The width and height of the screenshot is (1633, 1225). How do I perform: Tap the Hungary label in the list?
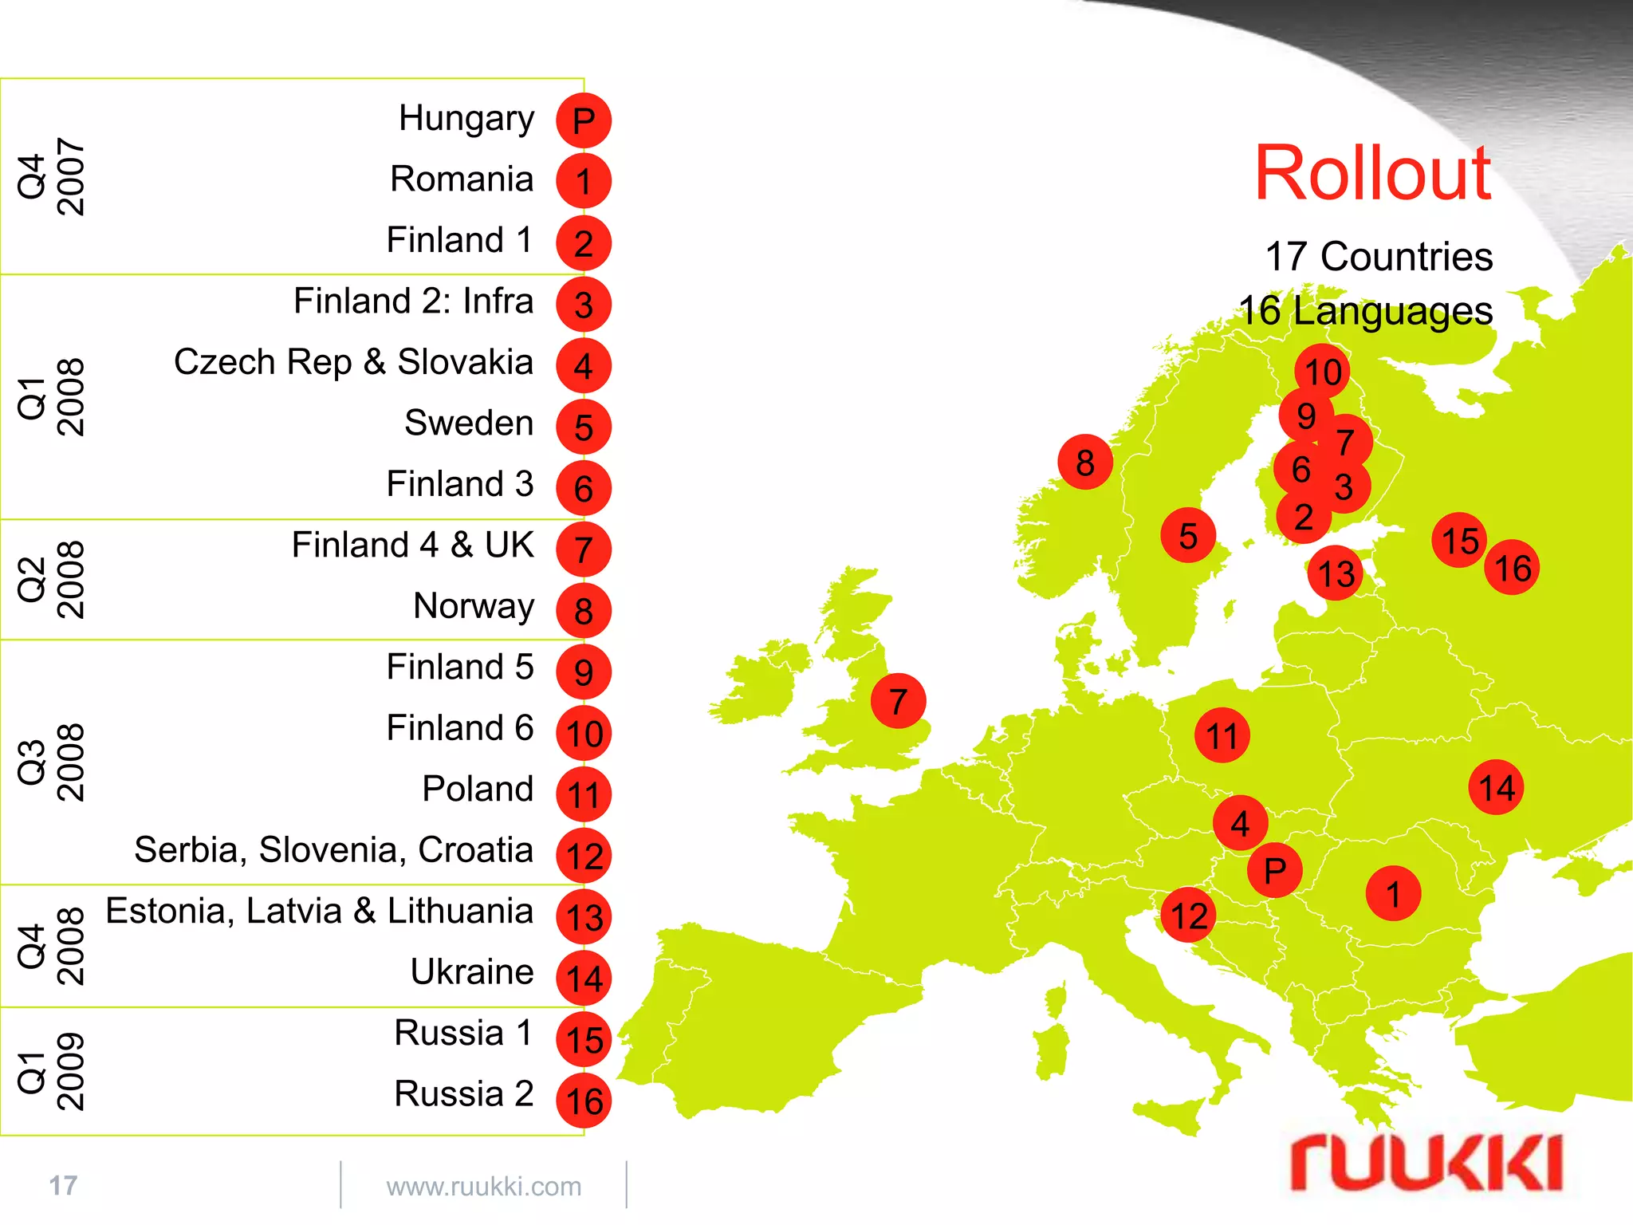[x=466, y=119]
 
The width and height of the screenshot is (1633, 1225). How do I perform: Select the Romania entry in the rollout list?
[x=462, y=179]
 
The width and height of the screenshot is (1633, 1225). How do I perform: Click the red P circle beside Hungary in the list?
[x=584, y=121]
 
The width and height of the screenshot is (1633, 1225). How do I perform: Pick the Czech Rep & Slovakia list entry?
[x=353, y=362]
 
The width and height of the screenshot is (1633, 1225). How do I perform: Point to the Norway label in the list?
[x=474, y=606]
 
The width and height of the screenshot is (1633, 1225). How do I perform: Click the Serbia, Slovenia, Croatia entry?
[x=333, y=850]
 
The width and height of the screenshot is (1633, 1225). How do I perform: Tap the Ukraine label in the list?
[x=472, y=972]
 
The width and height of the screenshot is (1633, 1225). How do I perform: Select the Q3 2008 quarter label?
[x=51, y=762]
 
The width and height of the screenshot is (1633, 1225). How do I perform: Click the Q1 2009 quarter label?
[x=51, y=1071]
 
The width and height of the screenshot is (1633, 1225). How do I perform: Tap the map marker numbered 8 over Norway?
[x=1085, y=463]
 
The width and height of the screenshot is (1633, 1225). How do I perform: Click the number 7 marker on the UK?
[x=899, y=701]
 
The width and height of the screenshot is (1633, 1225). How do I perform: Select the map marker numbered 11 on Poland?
[x=1222, y=735]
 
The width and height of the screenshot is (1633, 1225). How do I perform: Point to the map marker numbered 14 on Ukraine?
[x=1496, y=788]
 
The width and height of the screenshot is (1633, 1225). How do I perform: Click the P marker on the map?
[x=1275, y=870]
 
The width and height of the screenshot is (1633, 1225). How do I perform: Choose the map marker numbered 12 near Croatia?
[x=1188, y=916]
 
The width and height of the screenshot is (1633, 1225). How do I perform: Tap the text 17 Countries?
[x=1379, y=257]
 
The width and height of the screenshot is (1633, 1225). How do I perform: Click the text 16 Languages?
[x=1365, y=311]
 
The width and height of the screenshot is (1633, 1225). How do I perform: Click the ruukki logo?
[x=1426, y=1165]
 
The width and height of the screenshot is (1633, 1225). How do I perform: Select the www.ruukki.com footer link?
[x=484, y=1187]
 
